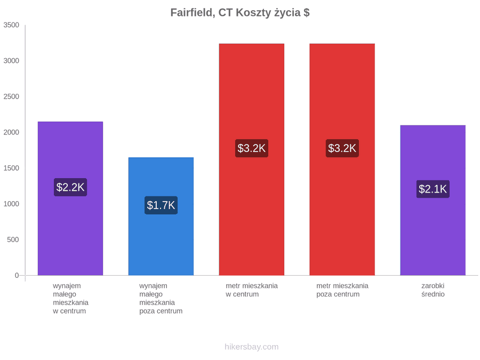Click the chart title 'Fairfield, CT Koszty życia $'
coord(240,13)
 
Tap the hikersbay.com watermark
coord(252,347)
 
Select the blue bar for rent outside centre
coord(161,217)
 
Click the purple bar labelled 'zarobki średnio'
coord(433,200)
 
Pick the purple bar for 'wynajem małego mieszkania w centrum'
coord(70,198)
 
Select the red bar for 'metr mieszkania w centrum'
coord(252,159)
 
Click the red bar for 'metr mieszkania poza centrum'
coord(342,159)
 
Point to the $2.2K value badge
coord(70,187)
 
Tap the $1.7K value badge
coord(161,205)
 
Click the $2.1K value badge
coord(433,189)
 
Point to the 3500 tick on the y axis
coord(11,25)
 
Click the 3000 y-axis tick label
coord(11,61)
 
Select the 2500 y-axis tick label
coord(11,97)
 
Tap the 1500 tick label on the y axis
coord(11,168)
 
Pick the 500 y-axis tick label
coord(13,239)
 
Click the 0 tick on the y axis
coord(17,276)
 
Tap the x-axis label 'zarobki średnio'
coord(433,290)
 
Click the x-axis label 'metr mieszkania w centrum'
coord(252,290)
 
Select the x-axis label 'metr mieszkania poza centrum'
coord(342,290)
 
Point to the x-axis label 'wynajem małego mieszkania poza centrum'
coord(161,299)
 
